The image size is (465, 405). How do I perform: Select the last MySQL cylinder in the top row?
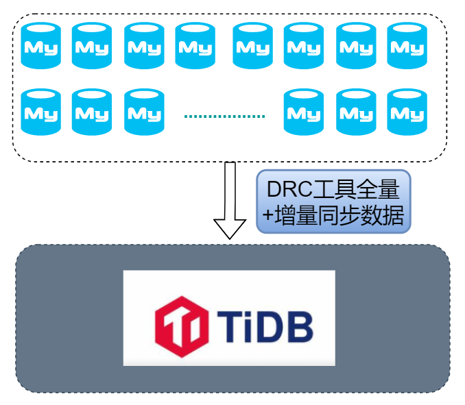tap(407, 46)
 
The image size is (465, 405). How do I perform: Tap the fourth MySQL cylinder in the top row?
tap(195, 46)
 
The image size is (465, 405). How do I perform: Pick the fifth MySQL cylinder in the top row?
tap(253, 46)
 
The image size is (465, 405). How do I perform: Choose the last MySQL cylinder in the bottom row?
tap(407, 112)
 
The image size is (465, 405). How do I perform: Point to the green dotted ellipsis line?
tap(224, 115)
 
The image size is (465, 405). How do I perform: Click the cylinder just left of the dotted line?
tap(144, 112)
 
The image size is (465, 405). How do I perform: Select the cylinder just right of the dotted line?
tap(305, 112)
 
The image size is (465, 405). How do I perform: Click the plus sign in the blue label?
tap(267, 217)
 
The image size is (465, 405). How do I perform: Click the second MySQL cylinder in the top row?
tap(92, 46)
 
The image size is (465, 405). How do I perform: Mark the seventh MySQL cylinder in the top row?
tap(356, 46)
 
